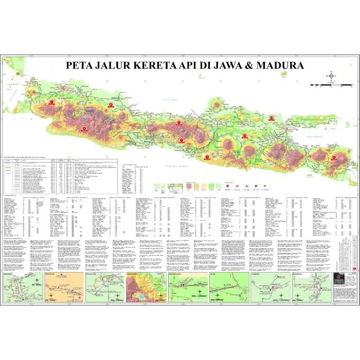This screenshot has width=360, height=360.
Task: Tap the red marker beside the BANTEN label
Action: [x=51, y=102]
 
